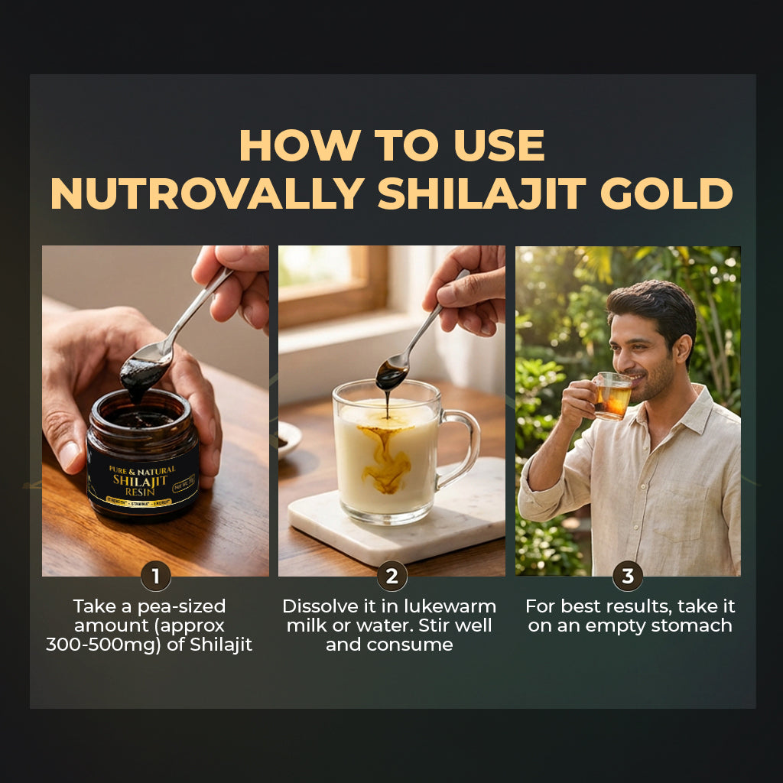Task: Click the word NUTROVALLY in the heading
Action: click(x=206, y=194)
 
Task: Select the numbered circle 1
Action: click(x=155, y=576)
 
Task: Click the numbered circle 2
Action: click(x=391, y=576)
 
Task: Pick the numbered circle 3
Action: click(x=627, y=576)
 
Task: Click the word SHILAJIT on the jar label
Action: click(x=141, y=480)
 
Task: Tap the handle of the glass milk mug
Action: click(x=461, y=447)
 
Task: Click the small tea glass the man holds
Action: click(x=612, y=395)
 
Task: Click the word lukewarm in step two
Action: click(x=451, y=607)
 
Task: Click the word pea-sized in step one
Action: click(x=180, y=607)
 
